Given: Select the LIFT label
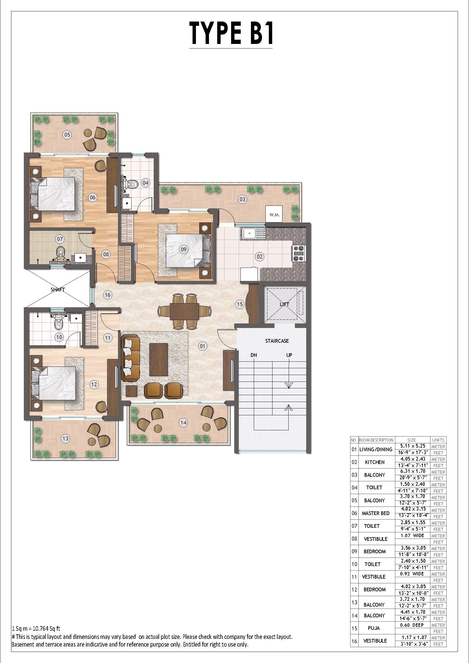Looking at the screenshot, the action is click(284, 304).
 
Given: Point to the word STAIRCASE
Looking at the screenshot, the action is click(277, 341).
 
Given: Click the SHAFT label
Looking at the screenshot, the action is click(58, 290).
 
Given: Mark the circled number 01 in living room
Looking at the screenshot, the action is click(203, 346).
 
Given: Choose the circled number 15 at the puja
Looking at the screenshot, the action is click(240, 304).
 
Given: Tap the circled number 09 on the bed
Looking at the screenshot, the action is click(184, 249).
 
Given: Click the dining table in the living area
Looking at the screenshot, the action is click(185, 311).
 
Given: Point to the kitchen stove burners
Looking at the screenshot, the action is click(298, 253).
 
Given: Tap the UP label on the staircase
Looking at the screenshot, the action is click(289, 355).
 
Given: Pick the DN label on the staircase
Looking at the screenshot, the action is click(254, 355).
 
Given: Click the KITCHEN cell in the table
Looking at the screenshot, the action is click(375, 462).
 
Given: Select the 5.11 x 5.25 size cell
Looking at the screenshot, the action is click(413, 446).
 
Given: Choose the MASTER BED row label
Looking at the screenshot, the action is click(375, 513).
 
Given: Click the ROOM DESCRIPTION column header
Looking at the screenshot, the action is click(376, 440).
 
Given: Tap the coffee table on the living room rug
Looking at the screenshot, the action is click(159, 359).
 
